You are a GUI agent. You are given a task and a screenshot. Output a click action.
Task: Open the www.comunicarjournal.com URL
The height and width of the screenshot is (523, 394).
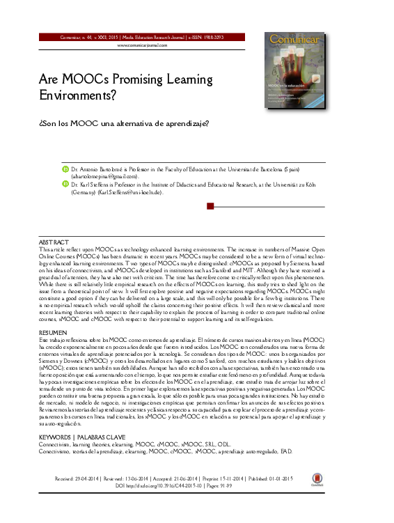tap(142, 45)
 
